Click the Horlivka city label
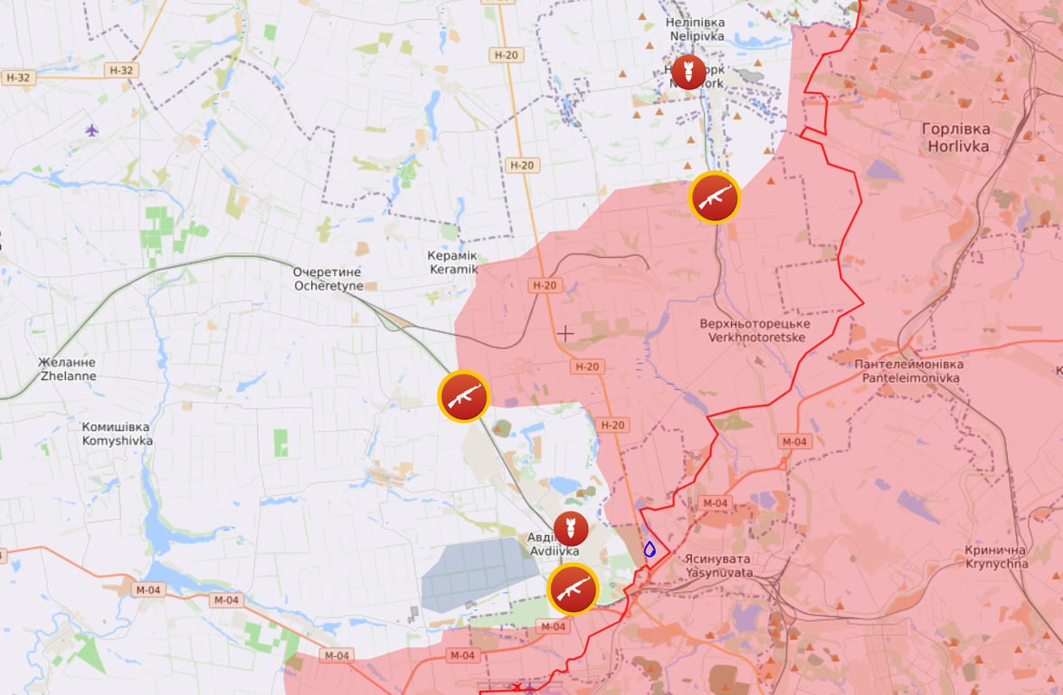pos(955,137)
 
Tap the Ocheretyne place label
pos(327,279)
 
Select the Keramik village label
pos(452,262)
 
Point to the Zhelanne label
pos(67,368)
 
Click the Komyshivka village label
pos(117,433)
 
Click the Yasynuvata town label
pos(718,566)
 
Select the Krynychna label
pos(995,557)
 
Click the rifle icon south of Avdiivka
pos(574,589)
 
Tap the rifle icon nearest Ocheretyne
pos(464,395)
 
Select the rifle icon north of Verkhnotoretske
pos(715,196)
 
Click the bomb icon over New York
pos(688,71)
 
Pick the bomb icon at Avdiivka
pos(570,528)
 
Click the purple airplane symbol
pos(91,130)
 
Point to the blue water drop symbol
pos(650,548)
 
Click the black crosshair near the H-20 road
pos(565,333)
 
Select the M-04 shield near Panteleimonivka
pos(793,441)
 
